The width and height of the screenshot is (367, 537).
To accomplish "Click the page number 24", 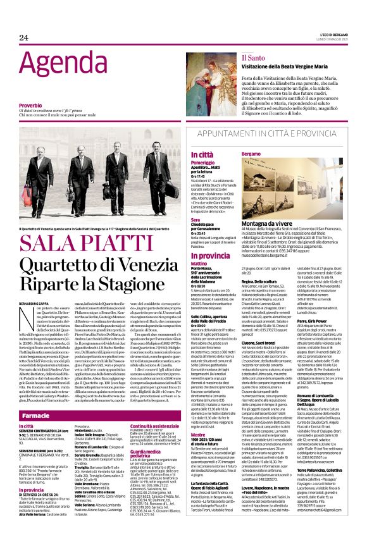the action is (23, 40).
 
